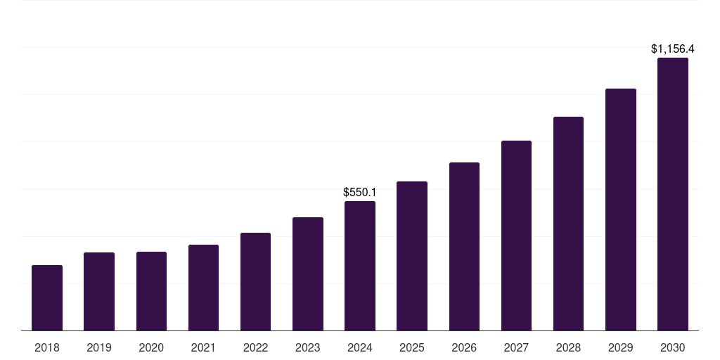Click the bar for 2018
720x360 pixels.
coord(47,297)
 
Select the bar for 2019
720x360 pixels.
coord(99,291)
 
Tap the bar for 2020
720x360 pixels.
coord(151,291)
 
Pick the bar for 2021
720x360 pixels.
coord(203,288)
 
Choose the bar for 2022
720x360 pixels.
coord(255,281)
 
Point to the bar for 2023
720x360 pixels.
coord(307,274)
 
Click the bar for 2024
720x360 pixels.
coord(360,266)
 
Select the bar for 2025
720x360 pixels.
coord(412,256)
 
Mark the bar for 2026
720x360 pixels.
coord(464,246)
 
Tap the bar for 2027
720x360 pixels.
coord(516,236)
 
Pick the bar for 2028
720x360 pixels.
coord(568,224)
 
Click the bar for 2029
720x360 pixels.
coord(620,210)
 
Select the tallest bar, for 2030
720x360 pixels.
coord(672,194)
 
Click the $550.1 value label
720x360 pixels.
coord(360,192)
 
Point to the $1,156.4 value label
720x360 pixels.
coord(672,49)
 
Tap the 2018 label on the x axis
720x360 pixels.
coord(47,347)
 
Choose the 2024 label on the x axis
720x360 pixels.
coord(360,347)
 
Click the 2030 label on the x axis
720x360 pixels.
coord(672,347)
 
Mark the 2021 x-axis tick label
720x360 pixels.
coord(203,347)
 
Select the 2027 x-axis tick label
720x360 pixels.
coord(516,347)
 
